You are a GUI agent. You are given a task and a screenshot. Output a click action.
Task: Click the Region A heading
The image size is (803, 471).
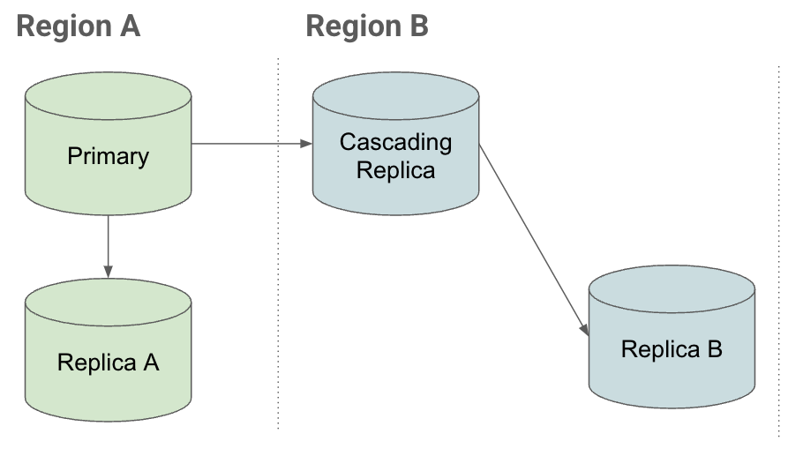click(79, 26)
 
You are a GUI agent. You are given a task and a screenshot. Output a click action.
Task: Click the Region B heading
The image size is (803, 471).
click(367, 26)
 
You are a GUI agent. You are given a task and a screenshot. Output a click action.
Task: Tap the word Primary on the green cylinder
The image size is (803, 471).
click(108, 157)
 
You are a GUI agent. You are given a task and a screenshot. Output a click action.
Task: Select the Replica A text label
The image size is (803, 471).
click(108, 363)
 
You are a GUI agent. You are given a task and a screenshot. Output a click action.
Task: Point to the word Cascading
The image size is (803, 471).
click(395, 142)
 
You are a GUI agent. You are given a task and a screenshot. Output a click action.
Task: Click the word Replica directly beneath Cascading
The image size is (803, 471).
click(395, 169)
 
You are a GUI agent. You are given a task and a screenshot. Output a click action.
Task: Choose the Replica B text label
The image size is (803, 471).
click(672, 349)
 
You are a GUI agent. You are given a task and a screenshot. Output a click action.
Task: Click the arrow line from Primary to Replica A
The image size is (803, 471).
click(108, 243)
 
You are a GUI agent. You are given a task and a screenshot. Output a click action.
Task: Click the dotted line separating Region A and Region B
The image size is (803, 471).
click(278, 265)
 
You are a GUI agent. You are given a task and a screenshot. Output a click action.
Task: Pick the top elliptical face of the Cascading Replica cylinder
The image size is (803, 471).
click(395, 92)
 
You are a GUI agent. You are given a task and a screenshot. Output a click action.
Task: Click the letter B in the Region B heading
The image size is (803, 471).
click(417, 26)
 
